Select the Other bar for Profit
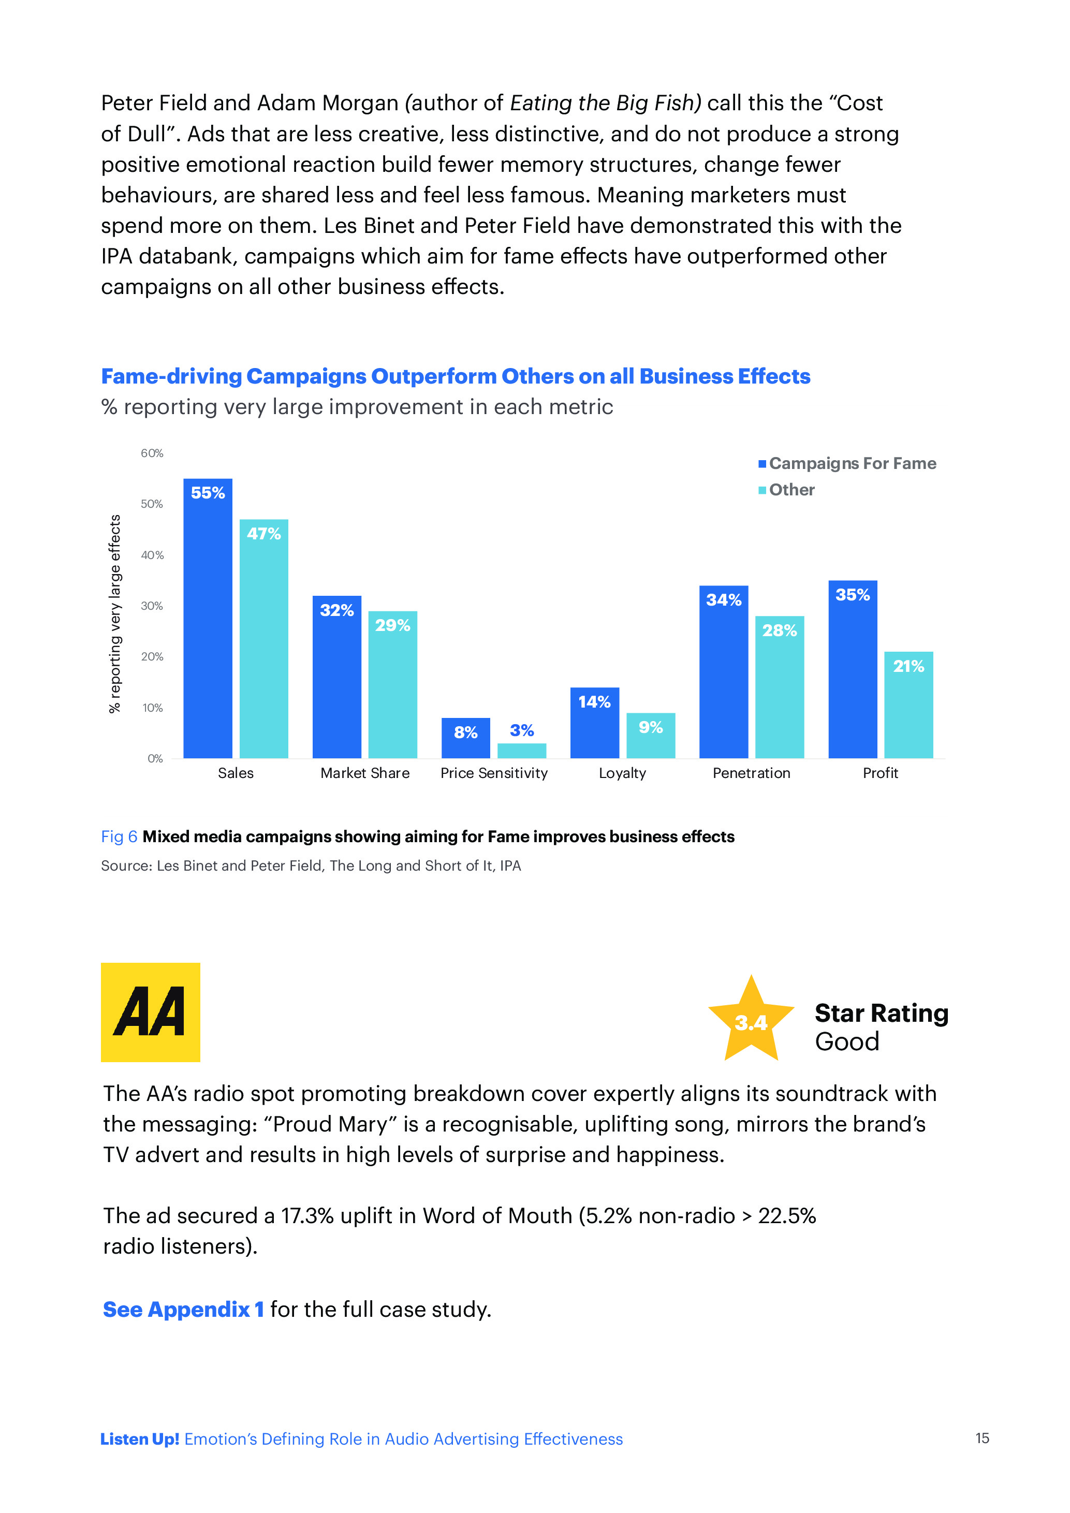[x=908, y=704]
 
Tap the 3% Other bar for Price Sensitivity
[x=521, y=751]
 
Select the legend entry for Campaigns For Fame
[x=847, y=463]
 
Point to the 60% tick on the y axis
[x=152, y=453]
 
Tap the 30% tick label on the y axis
[x=152, y=606]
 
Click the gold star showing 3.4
[x=751, y=1020]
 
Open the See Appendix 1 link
[x=183, y=1310]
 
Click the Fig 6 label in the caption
[x=119, y=837]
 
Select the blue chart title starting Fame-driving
[x=455, y=376]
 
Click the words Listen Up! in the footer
[x=140, y=1439]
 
